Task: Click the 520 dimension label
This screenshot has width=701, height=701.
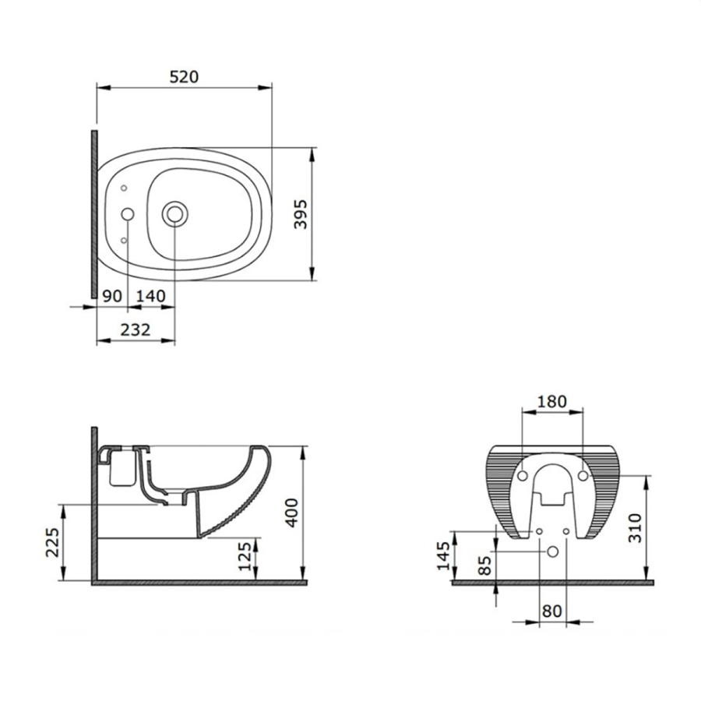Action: point(184,77)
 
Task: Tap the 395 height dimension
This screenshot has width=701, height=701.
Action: point(301,214)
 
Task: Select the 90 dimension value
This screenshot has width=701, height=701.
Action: point(111,296)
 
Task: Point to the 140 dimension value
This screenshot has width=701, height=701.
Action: point(150,296)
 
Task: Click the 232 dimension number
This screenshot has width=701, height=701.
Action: point(136,330)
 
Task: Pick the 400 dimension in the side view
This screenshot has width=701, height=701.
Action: point(292,513)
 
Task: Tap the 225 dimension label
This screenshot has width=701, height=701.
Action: point(53,543)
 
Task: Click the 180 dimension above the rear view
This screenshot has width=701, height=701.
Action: point(551,401)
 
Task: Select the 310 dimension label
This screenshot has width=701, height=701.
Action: point(635,528)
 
